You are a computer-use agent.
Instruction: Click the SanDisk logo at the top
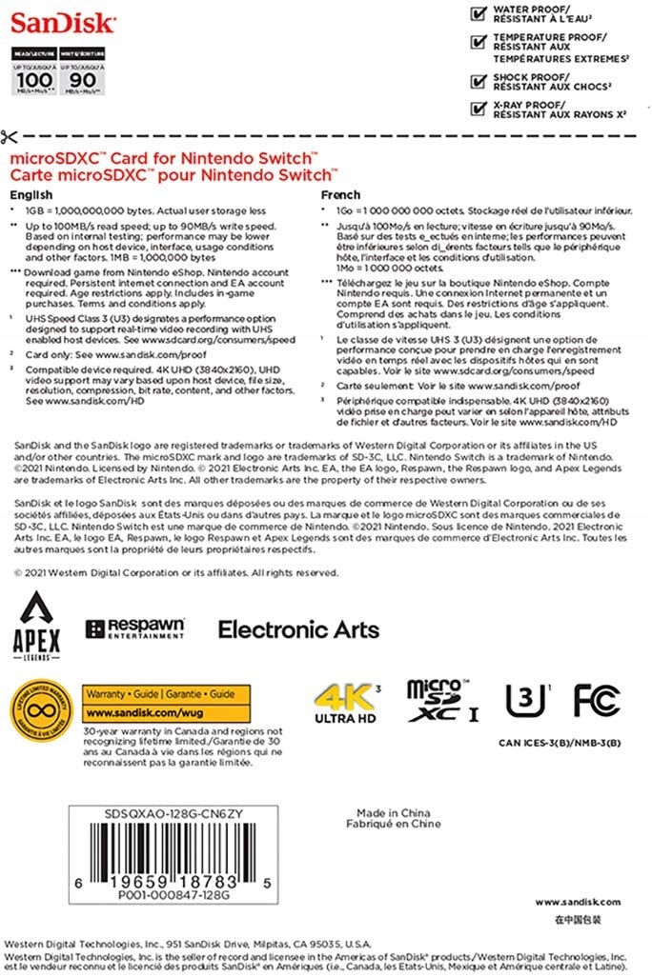click(x=63, y=22)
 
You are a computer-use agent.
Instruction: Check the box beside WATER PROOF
click(x=479, y=13)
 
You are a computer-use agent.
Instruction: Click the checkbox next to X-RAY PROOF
click(x=479, y=108)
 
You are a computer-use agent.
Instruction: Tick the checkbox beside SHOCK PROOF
click(x=479, y=80)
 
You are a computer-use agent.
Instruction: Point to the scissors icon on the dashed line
click(x=10, y=135)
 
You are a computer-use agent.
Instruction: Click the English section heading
click(x=31, y=194)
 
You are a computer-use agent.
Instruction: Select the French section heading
click(x=340, y=194)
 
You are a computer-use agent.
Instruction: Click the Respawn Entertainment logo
click(x=134, y=628)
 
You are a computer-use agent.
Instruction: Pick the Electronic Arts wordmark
click(x=298, y=629)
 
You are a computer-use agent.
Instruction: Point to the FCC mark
click(x=598, y=701)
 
